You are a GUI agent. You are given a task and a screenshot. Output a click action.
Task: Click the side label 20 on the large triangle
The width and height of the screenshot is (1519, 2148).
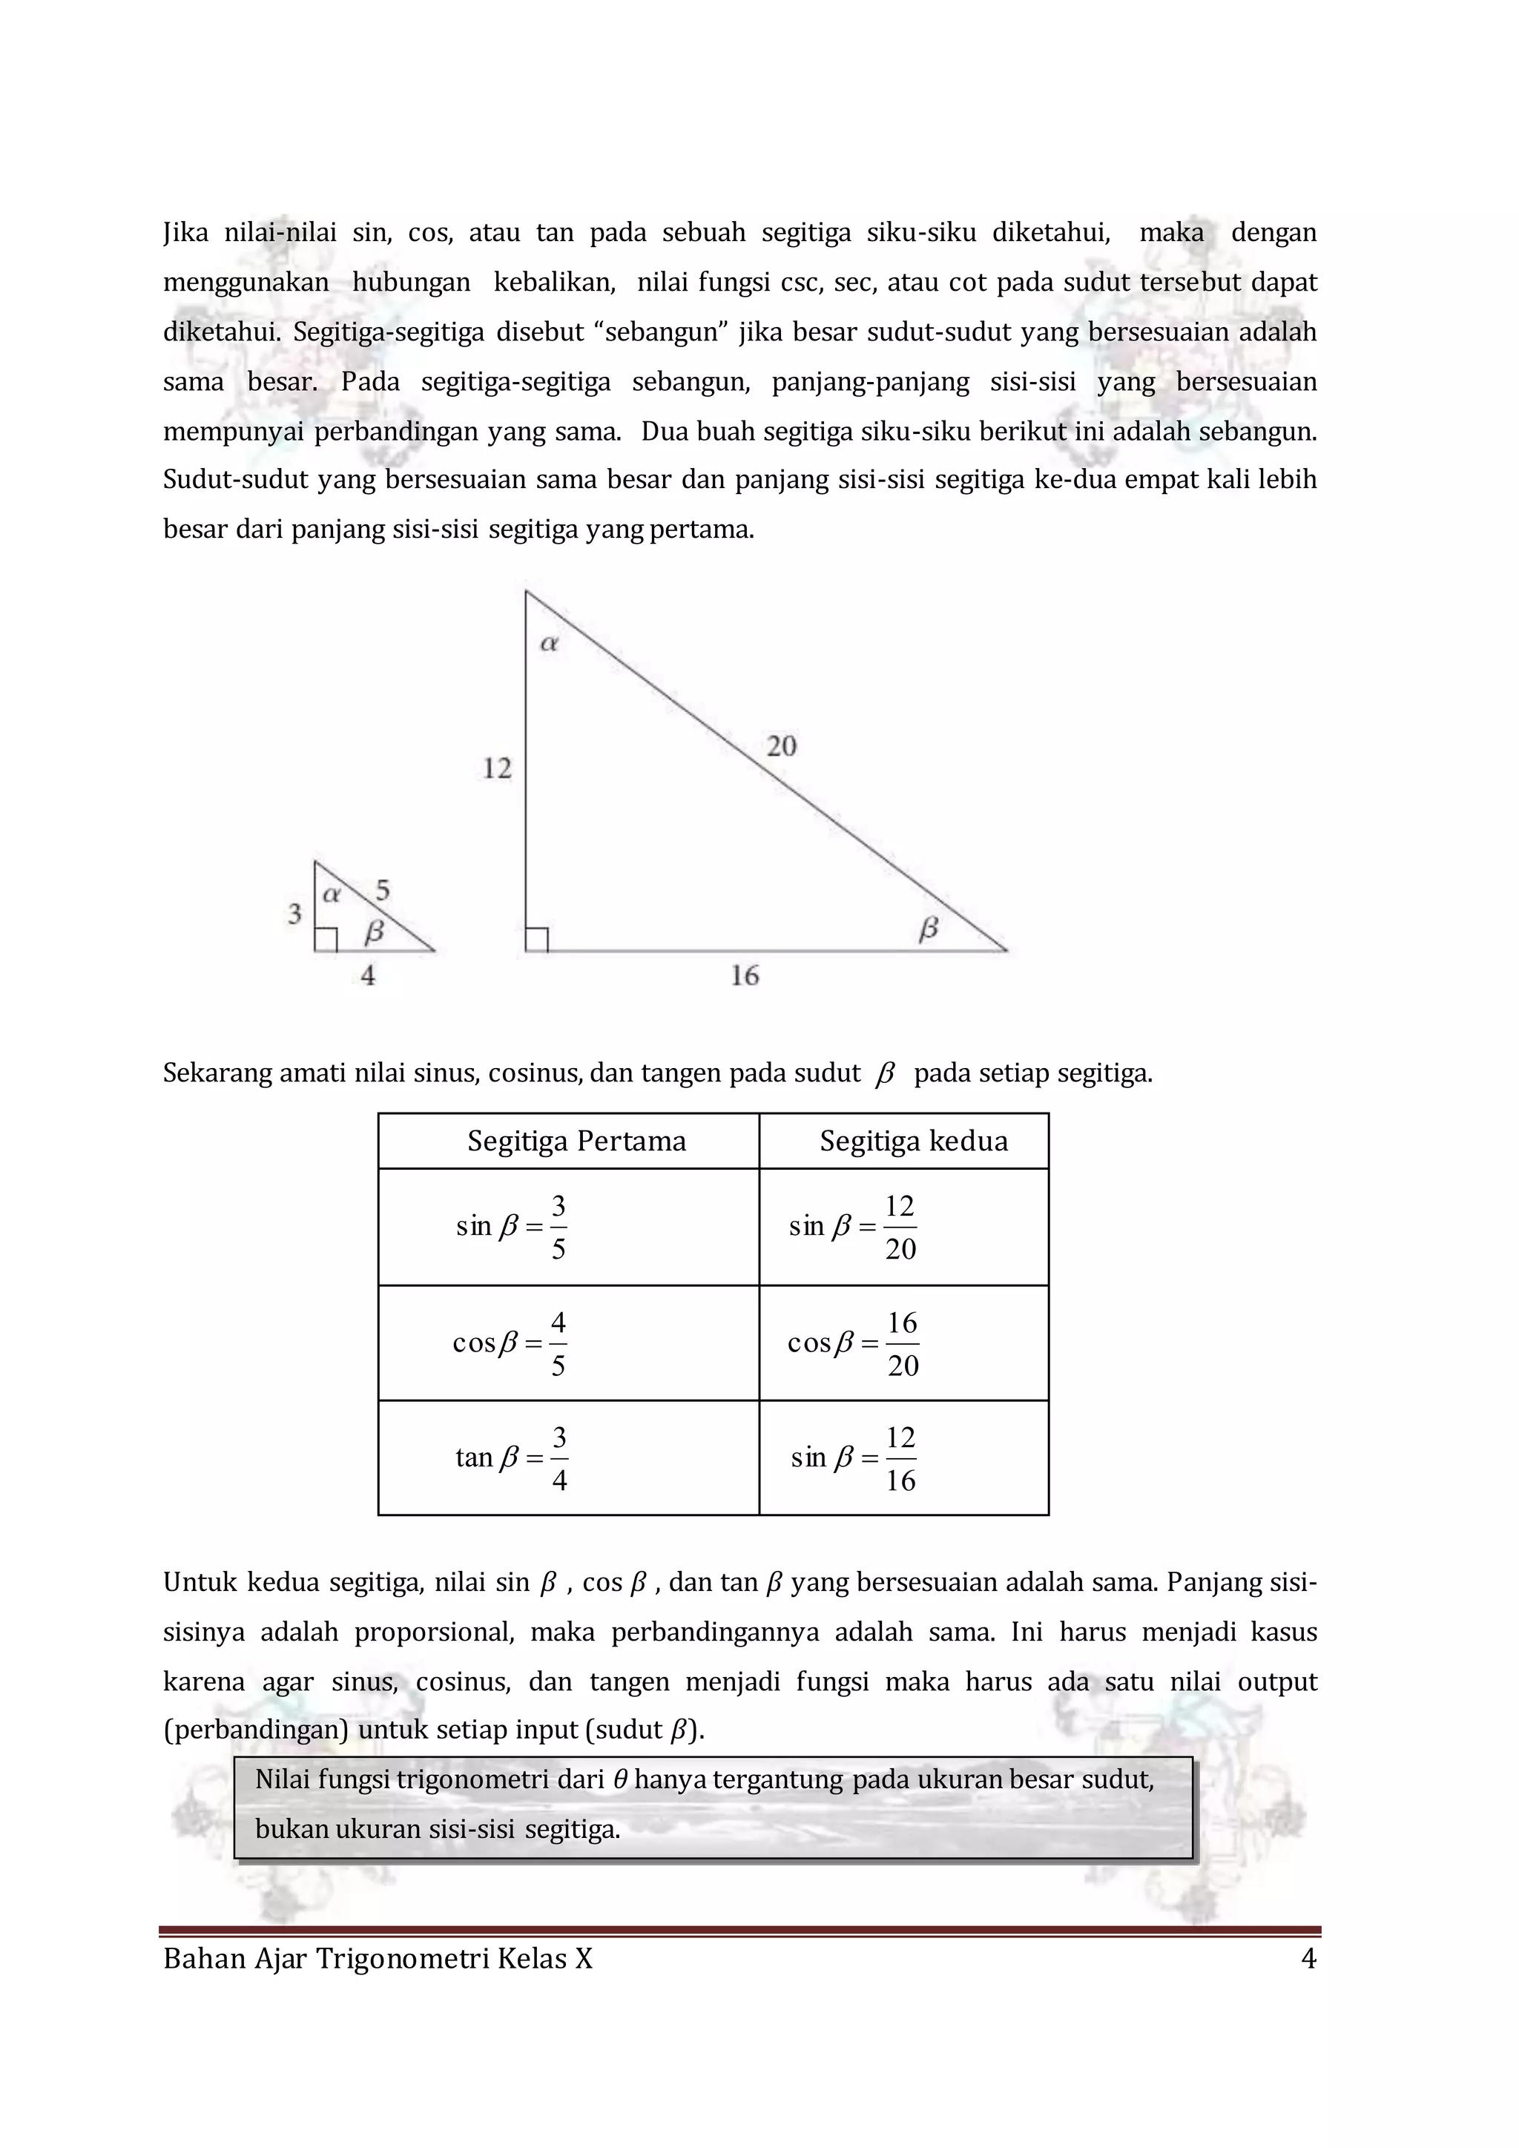781,747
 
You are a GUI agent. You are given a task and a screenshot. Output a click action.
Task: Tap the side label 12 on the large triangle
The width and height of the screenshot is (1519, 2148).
497,769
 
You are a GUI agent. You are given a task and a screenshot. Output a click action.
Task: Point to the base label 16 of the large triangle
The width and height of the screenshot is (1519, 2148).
745,977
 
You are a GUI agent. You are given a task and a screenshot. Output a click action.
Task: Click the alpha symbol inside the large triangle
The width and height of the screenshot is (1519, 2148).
549,643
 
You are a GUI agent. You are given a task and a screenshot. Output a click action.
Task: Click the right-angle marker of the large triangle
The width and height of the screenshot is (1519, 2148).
537,939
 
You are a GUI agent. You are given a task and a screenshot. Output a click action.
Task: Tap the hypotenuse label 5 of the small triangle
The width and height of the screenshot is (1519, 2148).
382,890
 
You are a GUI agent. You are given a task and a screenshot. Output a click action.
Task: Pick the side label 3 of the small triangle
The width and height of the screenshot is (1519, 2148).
294,914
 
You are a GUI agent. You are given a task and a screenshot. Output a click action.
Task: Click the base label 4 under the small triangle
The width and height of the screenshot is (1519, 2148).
368,976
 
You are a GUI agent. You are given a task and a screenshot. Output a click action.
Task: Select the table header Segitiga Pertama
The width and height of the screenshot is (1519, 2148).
576,1141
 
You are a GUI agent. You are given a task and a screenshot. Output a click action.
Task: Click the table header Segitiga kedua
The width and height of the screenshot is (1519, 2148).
913,1141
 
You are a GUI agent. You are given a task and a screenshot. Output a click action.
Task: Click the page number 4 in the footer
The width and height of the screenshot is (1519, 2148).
1308,1959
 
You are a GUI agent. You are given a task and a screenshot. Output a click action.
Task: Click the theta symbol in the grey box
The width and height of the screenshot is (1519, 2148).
619,1779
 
